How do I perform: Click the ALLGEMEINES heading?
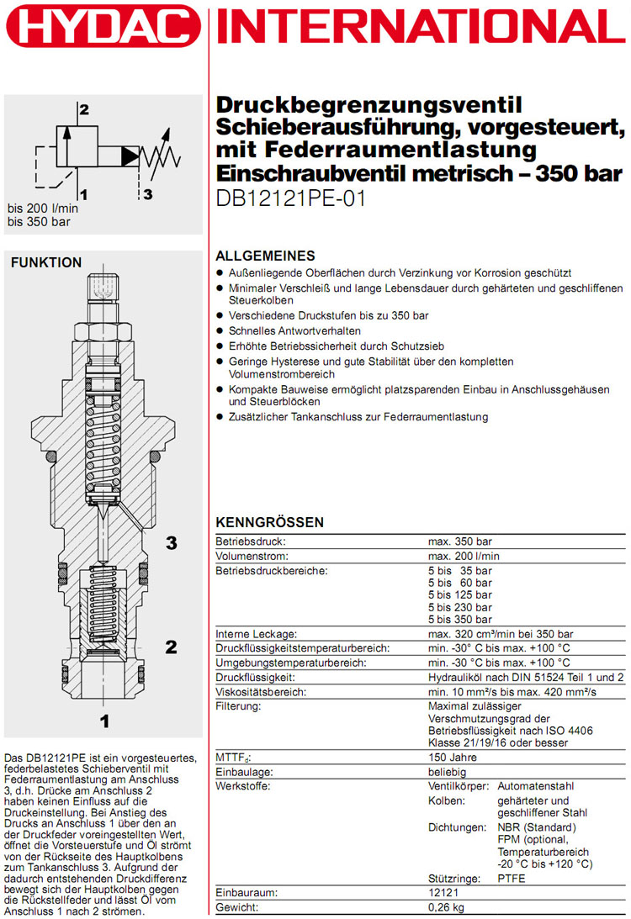point(265,256)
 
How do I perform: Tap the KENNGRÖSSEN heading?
point(270,522)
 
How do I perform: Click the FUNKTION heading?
point(46,262)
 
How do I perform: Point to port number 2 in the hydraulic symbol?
point(83,109)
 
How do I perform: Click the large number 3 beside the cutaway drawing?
point(171,543)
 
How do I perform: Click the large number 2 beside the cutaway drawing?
point(171,647)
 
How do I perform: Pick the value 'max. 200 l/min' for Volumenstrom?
point(464,557)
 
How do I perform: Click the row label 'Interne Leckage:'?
point(256,634)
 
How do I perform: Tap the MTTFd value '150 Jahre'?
point(453,758)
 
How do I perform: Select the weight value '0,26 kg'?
point(446,907)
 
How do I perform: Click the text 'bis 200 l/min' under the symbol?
point(43,209)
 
